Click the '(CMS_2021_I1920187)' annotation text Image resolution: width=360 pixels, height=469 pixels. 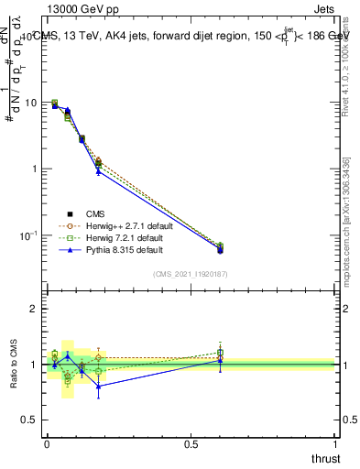tap(191, 274)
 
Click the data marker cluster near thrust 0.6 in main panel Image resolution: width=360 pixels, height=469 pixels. tap(220, 248)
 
